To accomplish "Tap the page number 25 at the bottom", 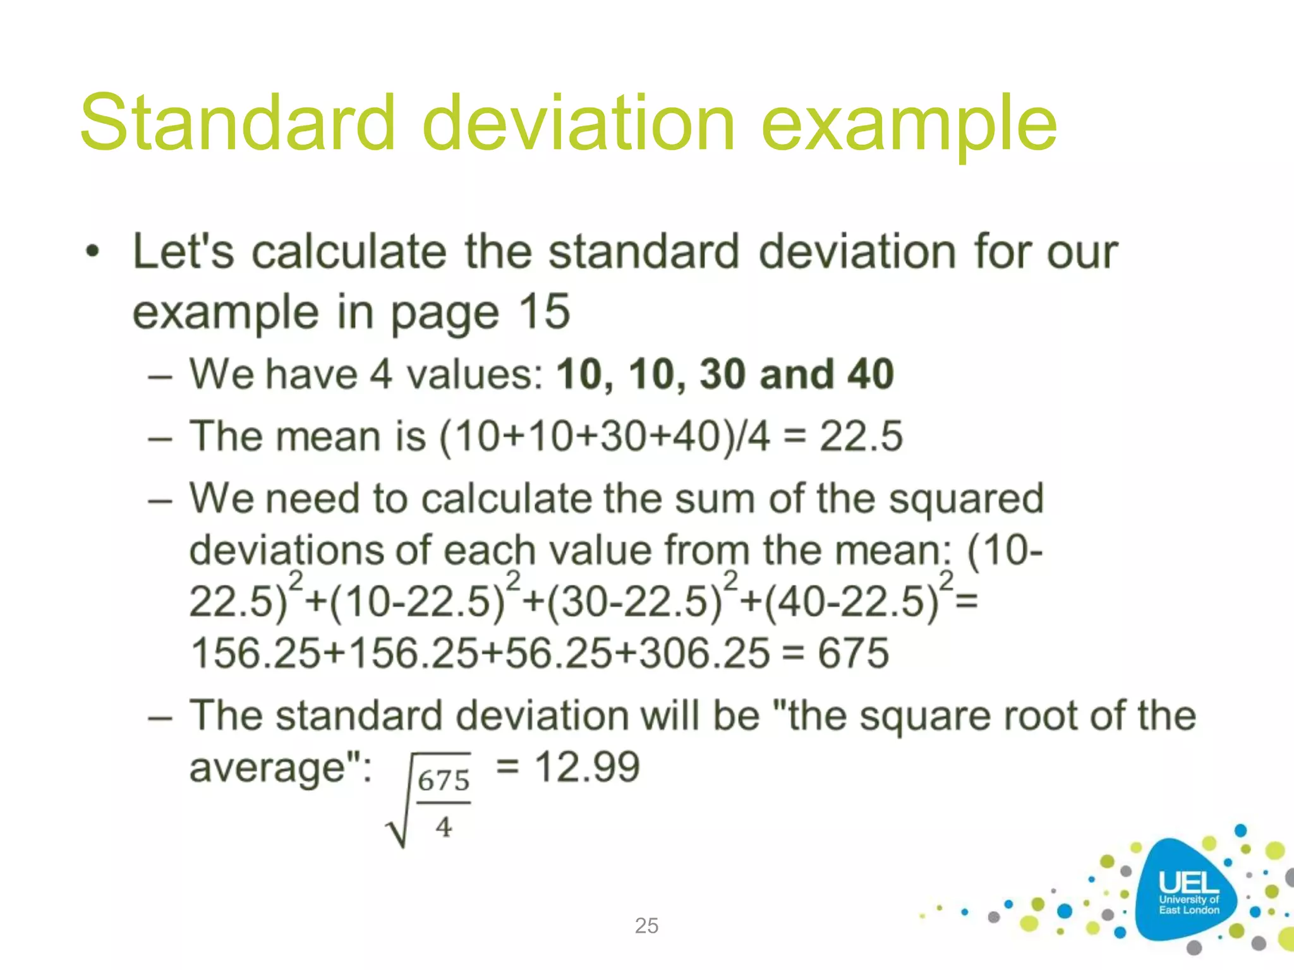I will coord(646,925).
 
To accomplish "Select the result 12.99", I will coord(587,767).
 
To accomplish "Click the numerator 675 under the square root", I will coord(444,781).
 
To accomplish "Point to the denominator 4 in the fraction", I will coord(444,827).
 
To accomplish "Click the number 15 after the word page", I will coord(545,312).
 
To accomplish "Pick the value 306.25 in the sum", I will coord(704,653).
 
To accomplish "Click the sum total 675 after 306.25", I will coord(854,653).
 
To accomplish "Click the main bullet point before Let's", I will coord(93,252).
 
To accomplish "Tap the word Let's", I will coord(183,252).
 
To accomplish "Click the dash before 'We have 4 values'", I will coord(160,376).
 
